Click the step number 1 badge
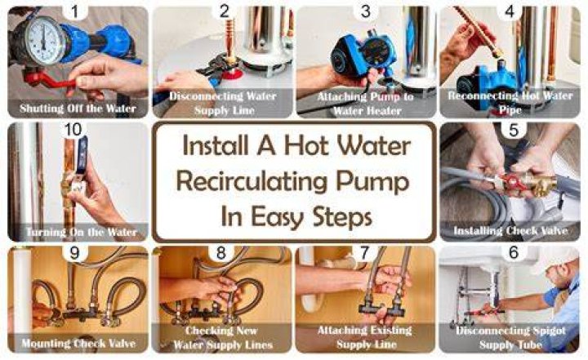coord(75,11)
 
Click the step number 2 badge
coord(225,11)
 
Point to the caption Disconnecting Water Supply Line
coord(223,103)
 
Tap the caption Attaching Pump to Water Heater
coord(366,104)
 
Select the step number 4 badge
coord(510,11)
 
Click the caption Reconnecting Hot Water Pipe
coord(510,102)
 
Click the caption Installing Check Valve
coord(510,230)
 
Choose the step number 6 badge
coord(514,252)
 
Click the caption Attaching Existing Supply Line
coord(365,337)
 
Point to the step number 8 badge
coord(221,253)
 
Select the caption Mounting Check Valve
coord(78,343)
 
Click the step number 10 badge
coord(73,130)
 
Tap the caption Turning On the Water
coord(82,232)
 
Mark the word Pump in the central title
coord(372,183)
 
